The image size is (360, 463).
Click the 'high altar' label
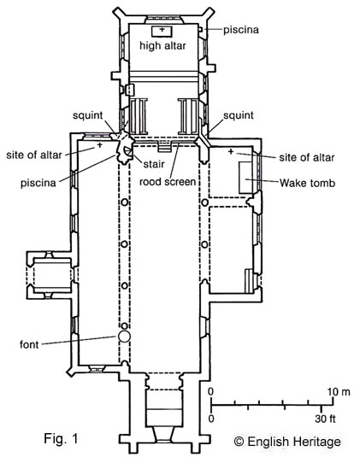point(162,46)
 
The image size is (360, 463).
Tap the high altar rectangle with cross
point(162,32)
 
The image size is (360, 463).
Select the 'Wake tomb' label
point(307,183)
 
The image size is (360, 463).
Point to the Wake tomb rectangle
point(245,178)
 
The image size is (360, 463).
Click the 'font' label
point(29,344)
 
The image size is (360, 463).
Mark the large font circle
point(124,337)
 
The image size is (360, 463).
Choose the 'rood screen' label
point(168,182)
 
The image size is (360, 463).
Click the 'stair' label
point(154,164)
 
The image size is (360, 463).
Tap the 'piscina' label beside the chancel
point(241,30)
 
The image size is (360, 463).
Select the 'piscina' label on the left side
point(38,183)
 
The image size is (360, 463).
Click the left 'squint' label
point(88,115)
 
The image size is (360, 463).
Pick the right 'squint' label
point(239,115)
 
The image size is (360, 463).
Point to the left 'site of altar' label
point(34,155)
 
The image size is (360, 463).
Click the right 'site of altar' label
point(307,157)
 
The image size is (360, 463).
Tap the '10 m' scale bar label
point(339,392)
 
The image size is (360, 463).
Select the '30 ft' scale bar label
point(325,419)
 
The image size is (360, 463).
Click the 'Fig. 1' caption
point(62,438)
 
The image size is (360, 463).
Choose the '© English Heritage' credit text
point(287,442)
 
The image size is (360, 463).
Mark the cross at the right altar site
point(231,151)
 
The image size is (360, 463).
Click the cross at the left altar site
point(99,145)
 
